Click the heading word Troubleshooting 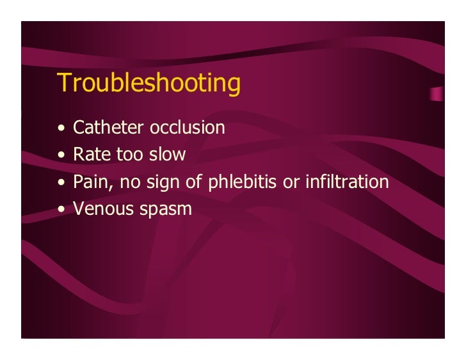(149, 84)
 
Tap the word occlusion (187, 128)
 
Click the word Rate (90, 155)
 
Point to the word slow (167, 155)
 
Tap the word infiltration (346, 182)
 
